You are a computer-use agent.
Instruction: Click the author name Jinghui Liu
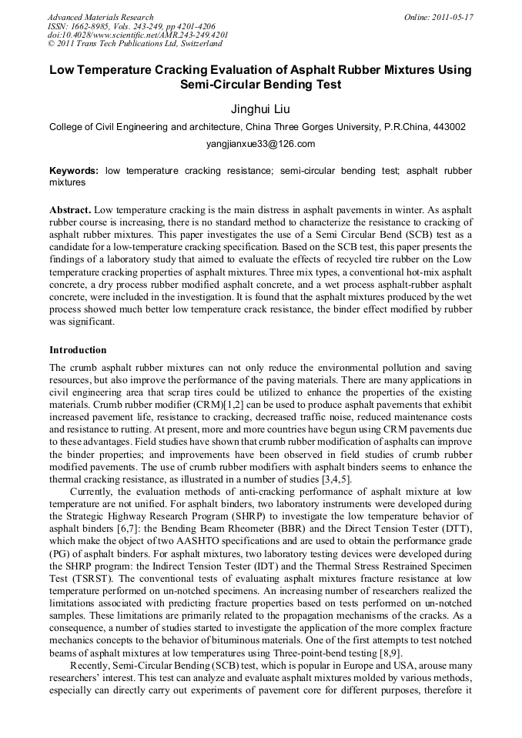click(261, 109)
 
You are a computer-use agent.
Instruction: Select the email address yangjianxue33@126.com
click(261, 144)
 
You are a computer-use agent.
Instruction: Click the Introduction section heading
click(78, 350)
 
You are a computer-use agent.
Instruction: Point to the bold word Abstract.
click(69, 210)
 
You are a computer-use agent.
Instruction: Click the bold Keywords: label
click(74, 171)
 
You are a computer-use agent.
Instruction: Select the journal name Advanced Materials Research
click(100, 17)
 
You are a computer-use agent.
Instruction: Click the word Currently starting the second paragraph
click(95, 491)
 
